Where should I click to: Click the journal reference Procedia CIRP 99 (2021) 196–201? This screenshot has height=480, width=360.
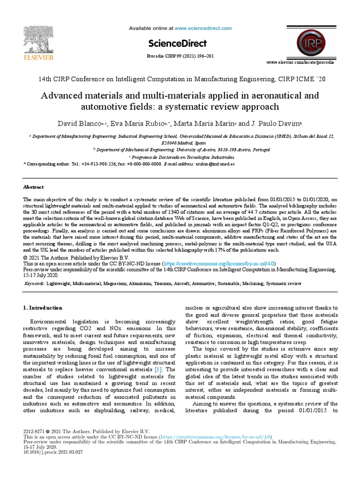tap(180, 56)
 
